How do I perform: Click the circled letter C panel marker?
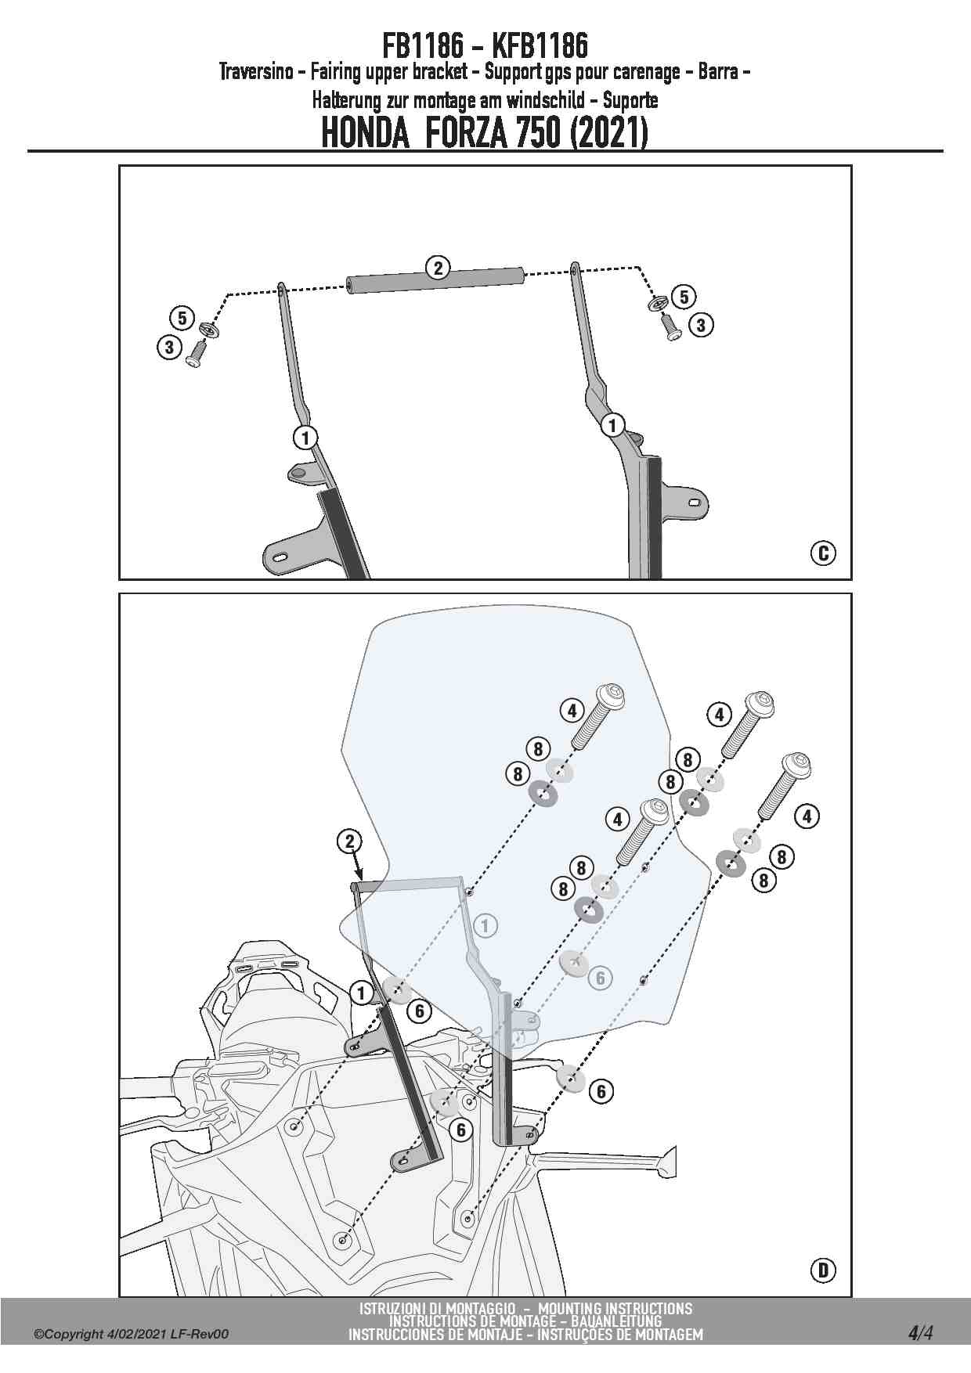point(823,553)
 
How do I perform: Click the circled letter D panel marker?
point(823,1269)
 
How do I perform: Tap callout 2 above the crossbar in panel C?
point(438,268)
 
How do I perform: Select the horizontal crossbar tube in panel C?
point(435,280)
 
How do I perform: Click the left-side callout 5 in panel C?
point(182,319)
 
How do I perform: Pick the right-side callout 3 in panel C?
point(700,325)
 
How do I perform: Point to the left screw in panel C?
point(196,356)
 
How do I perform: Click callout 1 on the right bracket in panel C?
point(612,426)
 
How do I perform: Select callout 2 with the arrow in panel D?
point(349,841)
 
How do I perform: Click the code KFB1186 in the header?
point(540,46)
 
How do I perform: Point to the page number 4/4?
point(920,1332)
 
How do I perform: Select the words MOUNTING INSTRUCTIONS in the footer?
point(615,1309)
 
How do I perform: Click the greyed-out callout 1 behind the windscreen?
point(485,926)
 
